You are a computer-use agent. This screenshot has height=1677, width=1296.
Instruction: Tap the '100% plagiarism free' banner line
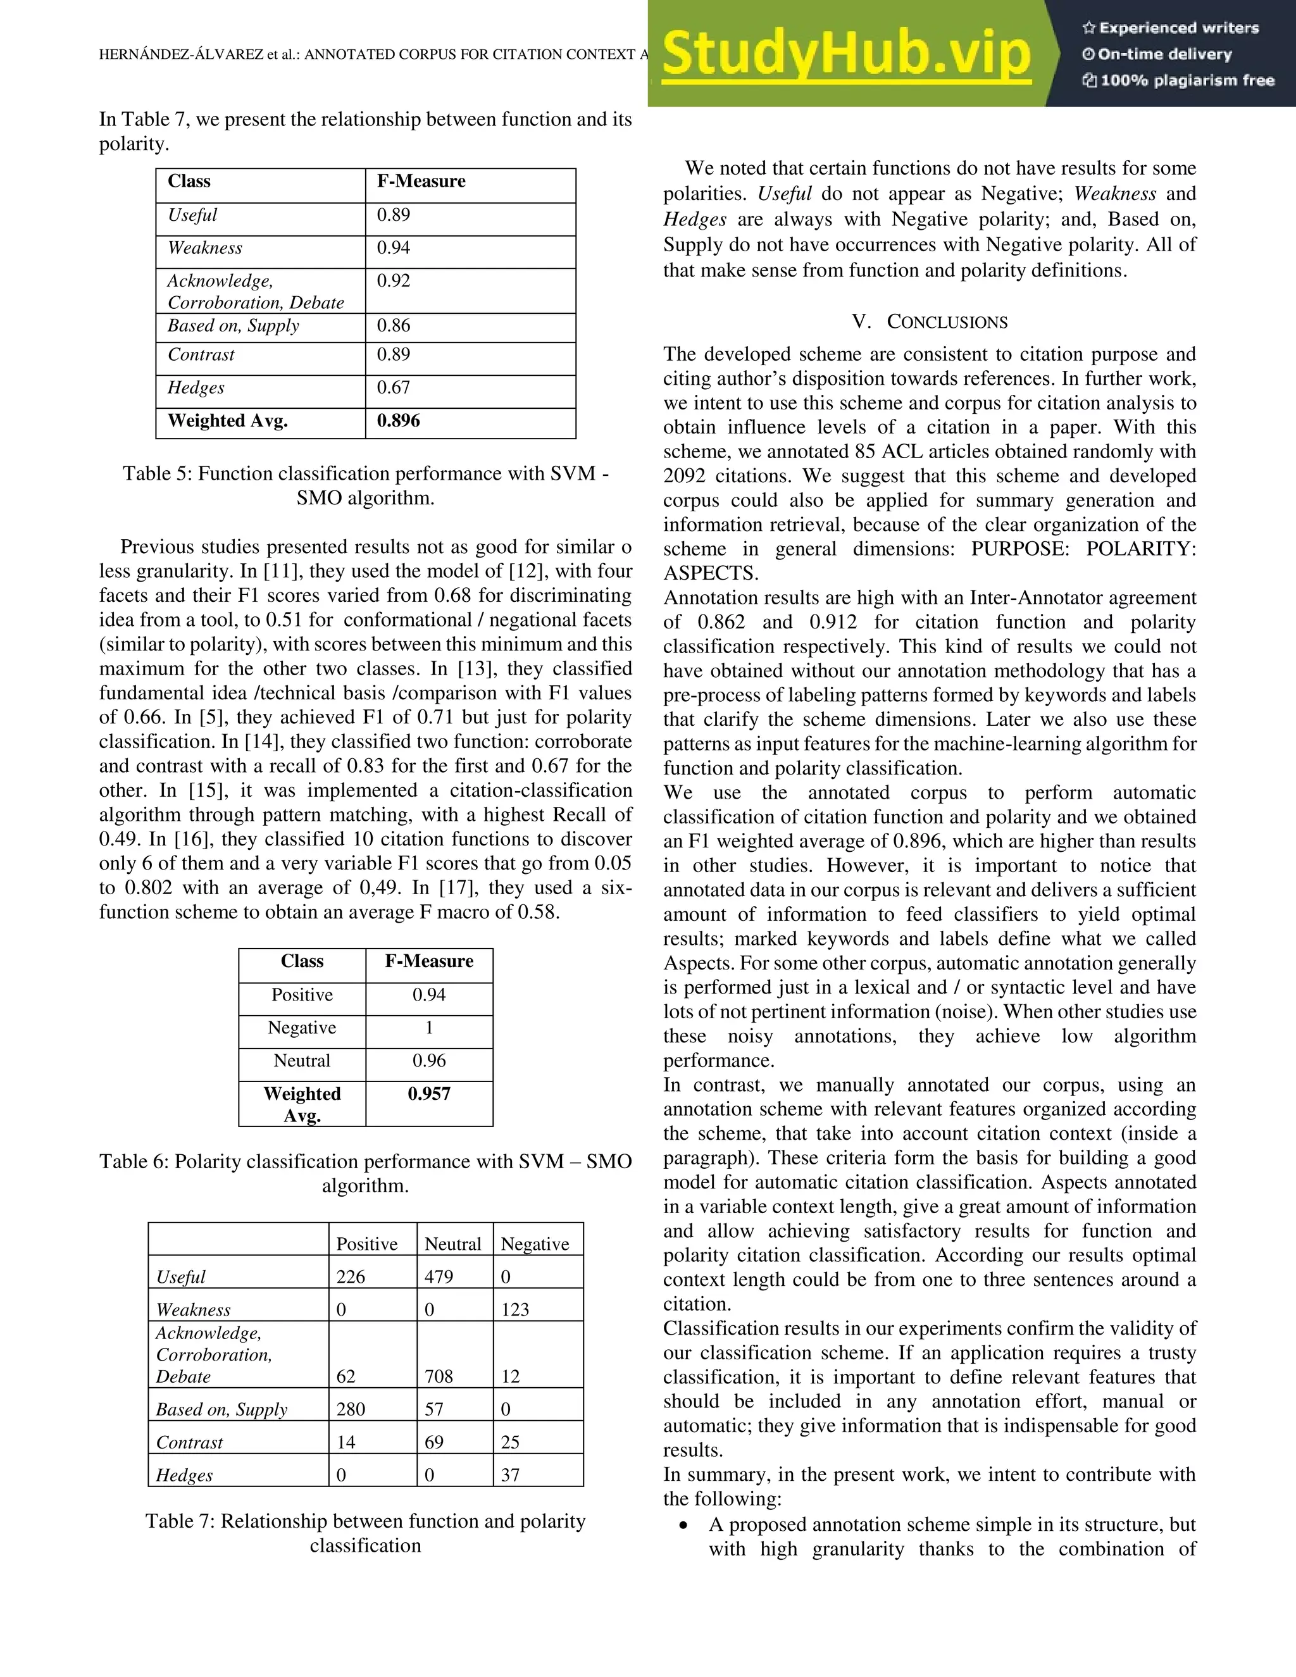click(x=1178, y=80)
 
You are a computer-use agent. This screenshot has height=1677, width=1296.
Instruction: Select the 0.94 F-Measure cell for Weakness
click(x=393, y=248)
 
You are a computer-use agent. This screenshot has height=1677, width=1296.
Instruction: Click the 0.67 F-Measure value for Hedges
click(x=393, y=388)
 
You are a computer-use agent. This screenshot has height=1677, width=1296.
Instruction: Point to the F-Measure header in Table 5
click(x=421, y=181)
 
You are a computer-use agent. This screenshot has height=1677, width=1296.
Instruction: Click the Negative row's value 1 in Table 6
click(x=428, y=1028)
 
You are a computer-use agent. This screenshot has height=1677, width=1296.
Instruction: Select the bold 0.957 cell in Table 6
click(x=428, y=1094)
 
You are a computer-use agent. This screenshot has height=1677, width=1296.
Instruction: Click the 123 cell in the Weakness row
click(x=515, y=1310)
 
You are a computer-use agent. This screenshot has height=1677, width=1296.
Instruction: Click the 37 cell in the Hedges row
click(x=510, y=1475)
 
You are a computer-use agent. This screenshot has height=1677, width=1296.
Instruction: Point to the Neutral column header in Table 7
click(x=453, y=1244)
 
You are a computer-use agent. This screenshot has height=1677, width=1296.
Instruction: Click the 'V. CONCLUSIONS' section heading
click(x=930, y=321)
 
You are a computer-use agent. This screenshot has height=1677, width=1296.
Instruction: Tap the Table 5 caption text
click(x=366, y=485)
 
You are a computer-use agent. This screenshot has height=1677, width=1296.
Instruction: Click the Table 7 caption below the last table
click(x=366, y=1533)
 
